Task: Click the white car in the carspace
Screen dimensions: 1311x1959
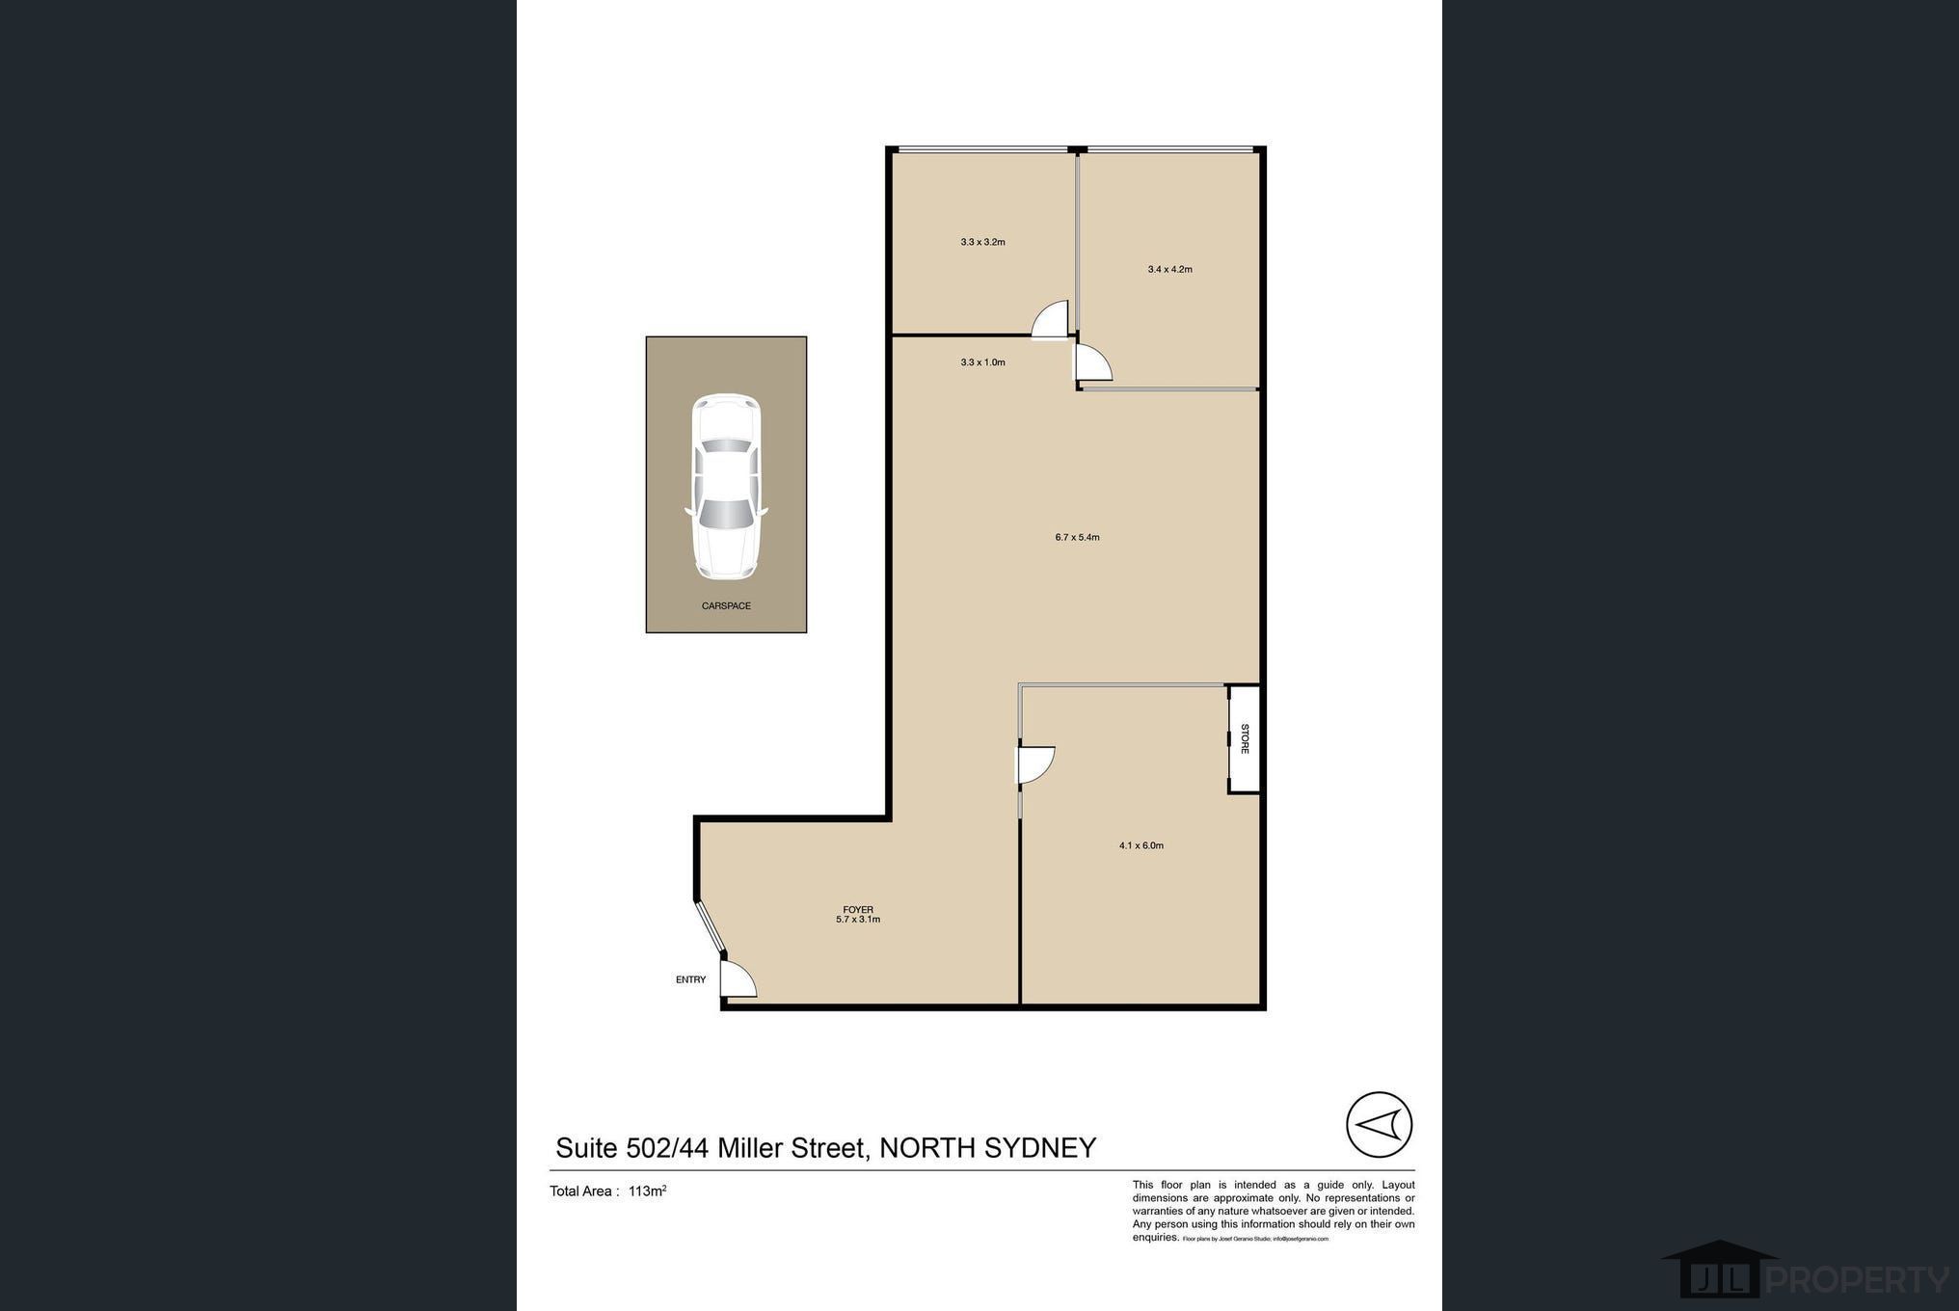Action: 726,487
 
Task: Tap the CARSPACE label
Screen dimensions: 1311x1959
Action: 726,606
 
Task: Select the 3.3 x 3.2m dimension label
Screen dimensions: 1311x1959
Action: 982,242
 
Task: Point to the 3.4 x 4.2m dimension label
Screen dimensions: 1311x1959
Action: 1169,269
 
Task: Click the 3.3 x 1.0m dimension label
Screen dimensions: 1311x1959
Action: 982,362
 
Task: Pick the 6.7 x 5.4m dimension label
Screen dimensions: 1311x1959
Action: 1077,537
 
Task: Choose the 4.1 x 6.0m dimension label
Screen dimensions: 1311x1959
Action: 1141,845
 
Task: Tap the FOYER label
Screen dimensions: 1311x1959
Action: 857,909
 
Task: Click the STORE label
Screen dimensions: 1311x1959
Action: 1245,738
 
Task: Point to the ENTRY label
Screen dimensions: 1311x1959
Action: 690,979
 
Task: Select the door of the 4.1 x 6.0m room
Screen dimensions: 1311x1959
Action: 1035,764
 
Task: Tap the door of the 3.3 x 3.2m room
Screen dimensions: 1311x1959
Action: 1051,320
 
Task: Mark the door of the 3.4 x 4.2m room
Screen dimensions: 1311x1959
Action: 1092,363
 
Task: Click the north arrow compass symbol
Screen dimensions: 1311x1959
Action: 1379,1124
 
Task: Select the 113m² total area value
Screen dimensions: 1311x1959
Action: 647,1191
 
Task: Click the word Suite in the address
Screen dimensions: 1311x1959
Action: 586,1148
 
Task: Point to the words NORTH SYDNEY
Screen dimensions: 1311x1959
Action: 988,1148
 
